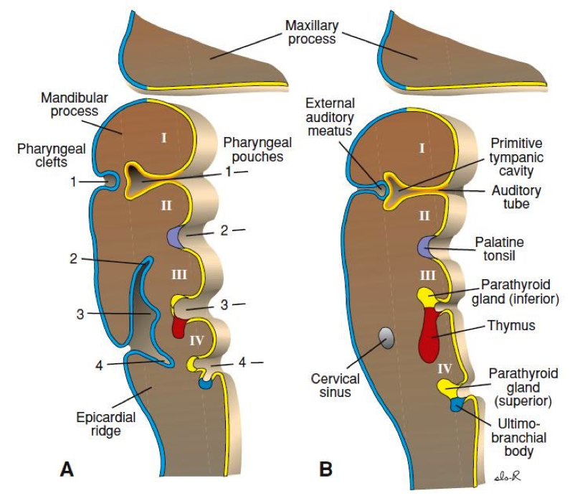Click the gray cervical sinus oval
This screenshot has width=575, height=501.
(386, 337)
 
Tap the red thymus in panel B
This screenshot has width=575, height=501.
(429, 336)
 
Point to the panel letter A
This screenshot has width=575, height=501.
(67, 469)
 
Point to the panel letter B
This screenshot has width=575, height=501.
(325, 469)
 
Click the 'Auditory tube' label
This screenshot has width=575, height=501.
(515, 197)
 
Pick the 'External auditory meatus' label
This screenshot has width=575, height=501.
(329, 116)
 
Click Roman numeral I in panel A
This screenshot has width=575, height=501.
(163, 137)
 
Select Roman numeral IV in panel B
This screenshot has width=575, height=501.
(444, 367)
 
